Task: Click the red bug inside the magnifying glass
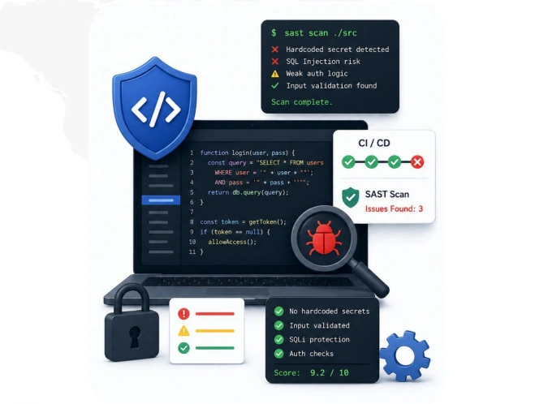tap(324, 239)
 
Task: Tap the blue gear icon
tap(405, 355)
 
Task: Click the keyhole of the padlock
tap(135, 337)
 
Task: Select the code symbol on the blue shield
tap(156, 109)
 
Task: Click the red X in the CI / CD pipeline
tap(417, 161)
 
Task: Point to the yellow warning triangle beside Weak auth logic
tap(275, 74)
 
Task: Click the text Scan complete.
tap(302, 102)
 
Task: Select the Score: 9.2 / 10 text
tap(311, 373)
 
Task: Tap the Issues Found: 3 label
tap(394, 208)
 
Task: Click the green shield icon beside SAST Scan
tap(351, 197)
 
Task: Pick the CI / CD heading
tap(374, 143)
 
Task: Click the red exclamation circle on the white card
tap(183, 314)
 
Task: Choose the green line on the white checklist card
tap(214, 348)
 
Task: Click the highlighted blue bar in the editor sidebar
tap(161, 200)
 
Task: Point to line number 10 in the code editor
tap(192, 242)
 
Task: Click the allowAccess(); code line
tap(232, 242)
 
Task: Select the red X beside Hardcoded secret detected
tap(275, 49)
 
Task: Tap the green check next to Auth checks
tap(279, 354)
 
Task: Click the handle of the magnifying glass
tap(370, 279)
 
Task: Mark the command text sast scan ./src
tap(321, 32)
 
